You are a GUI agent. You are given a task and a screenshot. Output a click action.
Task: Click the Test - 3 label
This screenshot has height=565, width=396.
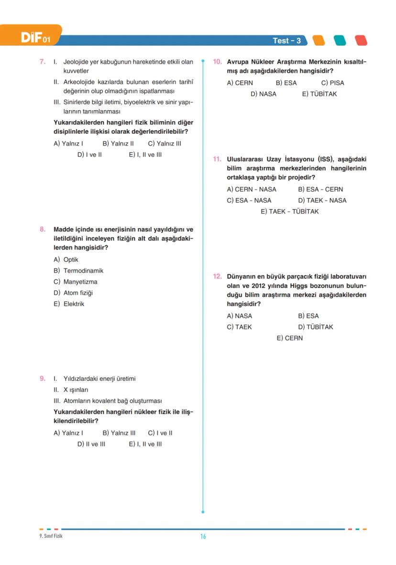pyautogui.click(x=286, y=41)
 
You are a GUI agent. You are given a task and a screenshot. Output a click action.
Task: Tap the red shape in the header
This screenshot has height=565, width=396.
pyautogui.click(x=361, y=41)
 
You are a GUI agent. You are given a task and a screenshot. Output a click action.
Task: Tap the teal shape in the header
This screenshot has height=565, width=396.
pyautogui.click(x=340, y=41)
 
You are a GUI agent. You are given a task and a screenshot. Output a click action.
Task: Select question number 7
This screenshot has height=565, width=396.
pyautogui.click(x=43, y=62)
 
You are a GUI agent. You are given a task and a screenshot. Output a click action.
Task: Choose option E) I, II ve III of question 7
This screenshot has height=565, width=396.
pyautogui.click(x=145, y=155)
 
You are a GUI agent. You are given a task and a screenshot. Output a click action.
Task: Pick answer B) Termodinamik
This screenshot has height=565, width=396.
pyautogui.click(x=78, y=271)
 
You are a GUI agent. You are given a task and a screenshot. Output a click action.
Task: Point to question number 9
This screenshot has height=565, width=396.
pyautogui.click(x=43, y=379)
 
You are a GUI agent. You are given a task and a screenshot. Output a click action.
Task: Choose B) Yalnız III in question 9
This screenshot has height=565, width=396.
pyautogui.click(x=119, y=433)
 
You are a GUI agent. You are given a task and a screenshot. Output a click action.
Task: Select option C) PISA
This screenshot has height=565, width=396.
pyautogui.click(x=332, y=83)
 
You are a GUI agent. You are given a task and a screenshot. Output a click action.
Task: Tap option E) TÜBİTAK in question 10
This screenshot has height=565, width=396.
pyautogui.click(x=319, y=94)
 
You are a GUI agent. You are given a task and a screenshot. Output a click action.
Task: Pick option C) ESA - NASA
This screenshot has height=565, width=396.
pyautogui.click(x=249, y=200)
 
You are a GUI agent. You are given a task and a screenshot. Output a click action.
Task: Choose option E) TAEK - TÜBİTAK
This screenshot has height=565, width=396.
pyautogui.click(x=289, y=211)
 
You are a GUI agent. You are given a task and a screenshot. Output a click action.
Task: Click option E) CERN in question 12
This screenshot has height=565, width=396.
pyautogui.click(x=289, y=338)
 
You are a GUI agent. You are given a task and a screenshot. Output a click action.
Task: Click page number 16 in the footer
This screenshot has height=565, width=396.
pyautogui.click(x=203, y=536)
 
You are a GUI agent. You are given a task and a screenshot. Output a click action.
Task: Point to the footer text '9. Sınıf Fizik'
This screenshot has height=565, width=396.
pyautogui.click(x=51, y=536)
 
